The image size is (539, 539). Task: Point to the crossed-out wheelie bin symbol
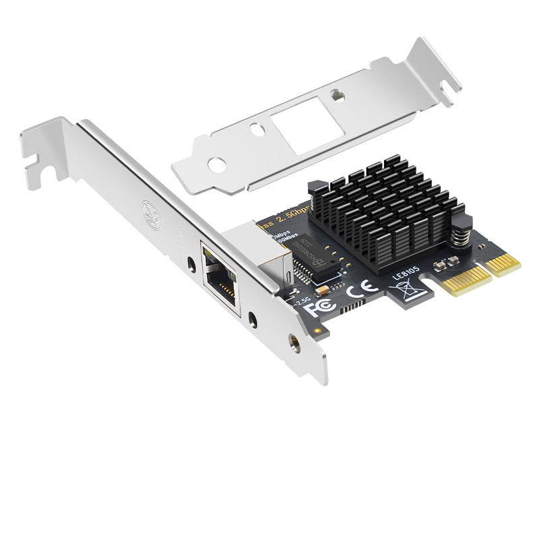click(x=410, y=288)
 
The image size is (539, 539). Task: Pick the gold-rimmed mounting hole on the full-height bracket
click(x=294, y=342)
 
